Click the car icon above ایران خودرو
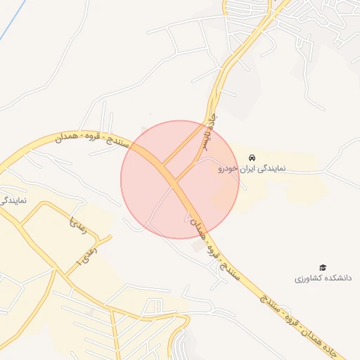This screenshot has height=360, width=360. click(252, 157)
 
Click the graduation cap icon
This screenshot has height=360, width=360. click(323, 267)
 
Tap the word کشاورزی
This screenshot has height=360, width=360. click(307, 279)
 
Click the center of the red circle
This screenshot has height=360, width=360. click(180, 179)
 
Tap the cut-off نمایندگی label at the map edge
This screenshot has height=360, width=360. click(13, 200)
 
